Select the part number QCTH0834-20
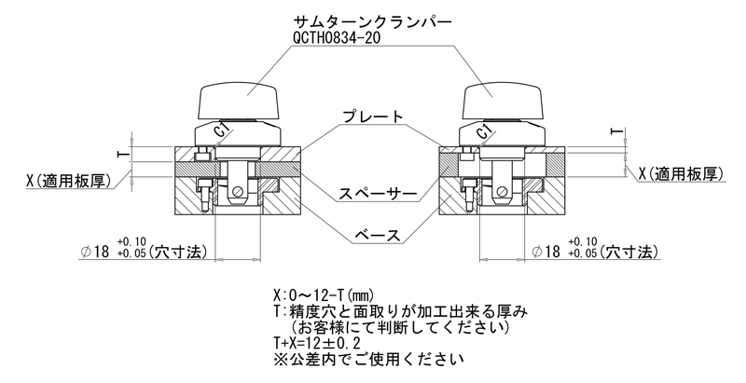[x=337, y=38]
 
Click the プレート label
[x=373, y=116]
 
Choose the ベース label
[x=378, y=235]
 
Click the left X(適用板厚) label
[x=68, y=181]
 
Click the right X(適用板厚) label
[x=681, y=174]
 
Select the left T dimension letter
[x=122, y=154]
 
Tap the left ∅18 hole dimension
[x=144, y=250]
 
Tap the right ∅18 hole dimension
[x=595, y=250]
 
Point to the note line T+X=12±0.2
[x=317, y=343]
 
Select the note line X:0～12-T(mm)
[x=324, y=295]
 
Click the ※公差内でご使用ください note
[x=368, y=359]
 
